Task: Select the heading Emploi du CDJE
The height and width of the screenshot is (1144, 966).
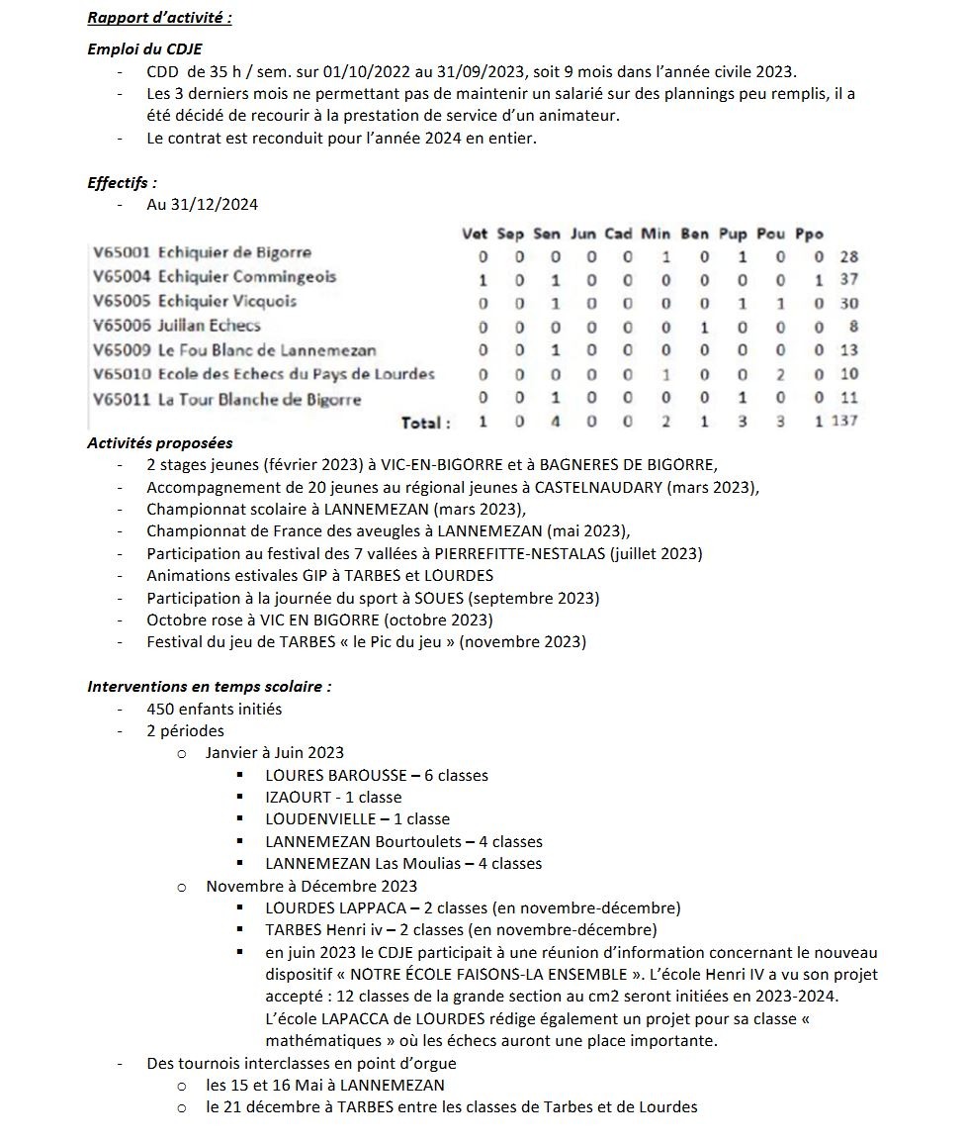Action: (145, 48)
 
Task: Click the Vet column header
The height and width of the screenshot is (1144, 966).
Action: (475, 235)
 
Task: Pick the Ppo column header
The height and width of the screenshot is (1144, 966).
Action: (809, 235)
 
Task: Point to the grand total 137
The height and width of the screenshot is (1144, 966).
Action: (844, 422)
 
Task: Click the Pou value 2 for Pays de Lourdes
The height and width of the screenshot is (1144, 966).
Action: (780, 374)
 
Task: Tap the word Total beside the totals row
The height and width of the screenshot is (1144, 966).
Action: (425, 423)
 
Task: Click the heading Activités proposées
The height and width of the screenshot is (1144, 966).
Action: (160, 442)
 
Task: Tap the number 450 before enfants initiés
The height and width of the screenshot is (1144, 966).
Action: (162, 709)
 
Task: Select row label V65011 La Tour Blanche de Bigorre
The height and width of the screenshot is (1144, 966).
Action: (227, 400)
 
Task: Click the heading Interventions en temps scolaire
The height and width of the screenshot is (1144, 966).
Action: (209, 686)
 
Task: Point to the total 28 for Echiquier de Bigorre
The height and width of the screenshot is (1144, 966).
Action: (848, 256)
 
